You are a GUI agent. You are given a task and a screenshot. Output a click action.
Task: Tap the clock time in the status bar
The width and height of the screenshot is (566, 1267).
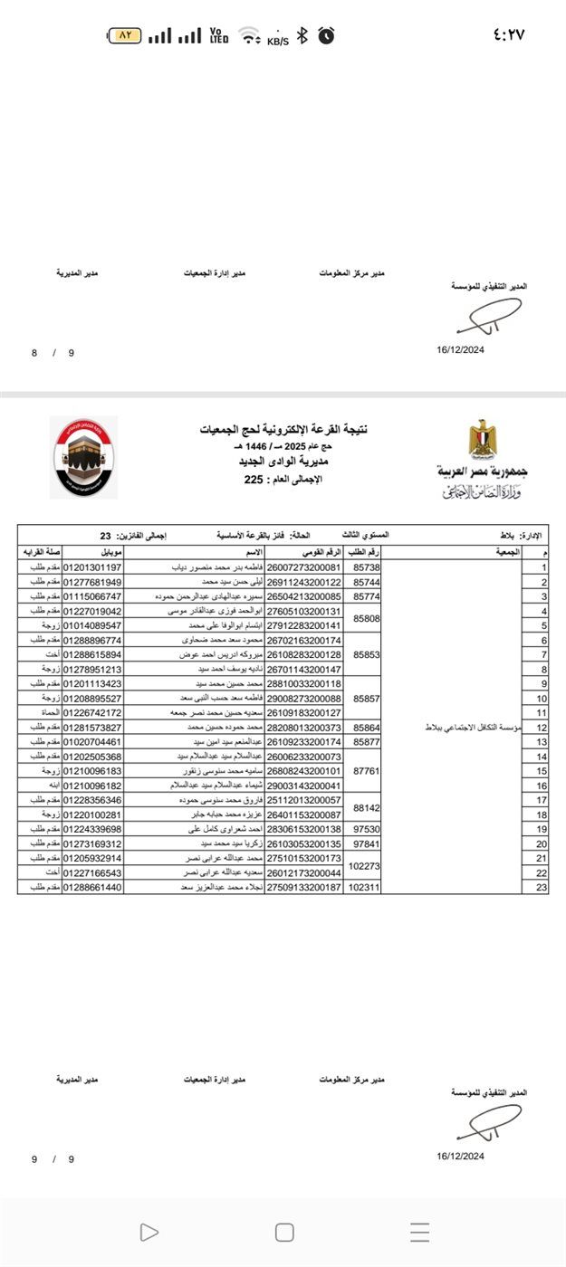509,35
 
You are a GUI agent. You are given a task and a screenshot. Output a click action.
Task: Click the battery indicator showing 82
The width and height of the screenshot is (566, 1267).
125,35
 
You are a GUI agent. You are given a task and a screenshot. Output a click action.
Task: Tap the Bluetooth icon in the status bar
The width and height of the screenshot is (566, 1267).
303,35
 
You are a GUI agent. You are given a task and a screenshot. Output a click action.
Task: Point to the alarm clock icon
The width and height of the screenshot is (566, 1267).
325,35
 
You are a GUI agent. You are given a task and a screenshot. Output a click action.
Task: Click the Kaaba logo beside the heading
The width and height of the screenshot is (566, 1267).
83,457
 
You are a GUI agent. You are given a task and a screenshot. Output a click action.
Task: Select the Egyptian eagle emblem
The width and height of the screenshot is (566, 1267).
482,438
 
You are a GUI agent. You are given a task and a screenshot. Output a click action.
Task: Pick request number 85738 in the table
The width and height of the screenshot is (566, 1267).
367,567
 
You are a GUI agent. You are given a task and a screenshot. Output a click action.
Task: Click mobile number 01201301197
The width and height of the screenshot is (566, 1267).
91,567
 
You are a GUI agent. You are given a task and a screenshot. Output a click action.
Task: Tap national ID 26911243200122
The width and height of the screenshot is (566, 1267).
303,582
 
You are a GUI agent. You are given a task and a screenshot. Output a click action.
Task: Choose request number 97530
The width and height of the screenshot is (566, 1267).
367,828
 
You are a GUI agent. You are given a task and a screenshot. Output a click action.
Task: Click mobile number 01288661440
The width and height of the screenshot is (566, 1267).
91,887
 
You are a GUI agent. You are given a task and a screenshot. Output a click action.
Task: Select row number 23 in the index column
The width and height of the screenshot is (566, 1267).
544,887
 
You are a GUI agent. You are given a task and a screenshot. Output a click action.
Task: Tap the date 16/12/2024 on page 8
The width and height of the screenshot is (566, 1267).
460,350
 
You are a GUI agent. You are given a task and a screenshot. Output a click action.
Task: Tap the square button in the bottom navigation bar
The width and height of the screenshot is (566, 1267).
284,1232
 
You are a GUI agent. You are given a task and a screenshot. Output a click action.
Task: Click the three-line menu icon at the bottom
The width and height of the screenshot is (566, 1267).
419,1232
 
